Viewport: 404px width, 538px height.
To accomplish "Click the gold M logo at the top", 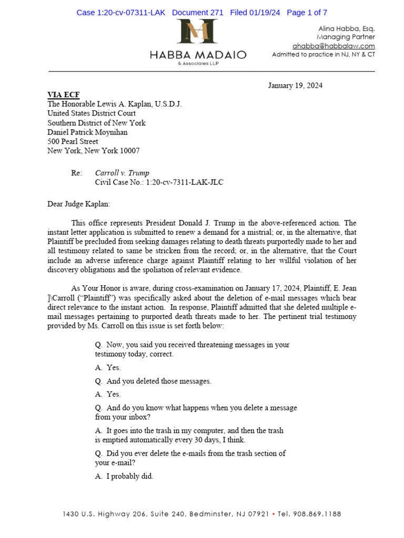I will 197,32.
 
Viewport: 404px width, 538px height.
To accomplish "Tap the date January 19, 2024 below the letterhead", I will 295,85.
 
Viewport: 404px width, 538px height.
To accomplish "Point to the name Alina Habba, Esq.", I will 347,28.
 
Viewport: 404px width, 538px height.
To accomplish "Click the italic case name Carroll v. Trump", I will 122,173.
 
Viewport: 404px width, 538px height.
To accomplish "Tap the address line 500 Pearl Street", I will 73,141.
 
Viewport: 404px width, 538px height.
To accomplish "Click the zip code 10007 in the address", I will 130,151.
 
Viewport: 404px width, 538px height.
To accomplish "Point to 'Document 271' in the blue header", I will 197,13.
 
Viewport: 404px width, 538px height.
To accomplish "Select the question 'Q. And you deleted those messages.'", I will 153,381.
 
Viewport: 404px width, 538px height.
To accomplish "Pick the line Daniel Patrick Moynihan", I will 87,132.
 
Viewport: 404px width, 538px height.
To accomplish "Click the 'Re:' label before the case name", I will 77,173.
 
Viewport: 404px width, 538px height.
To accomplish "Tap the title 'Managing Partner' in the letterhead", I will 346,37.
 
